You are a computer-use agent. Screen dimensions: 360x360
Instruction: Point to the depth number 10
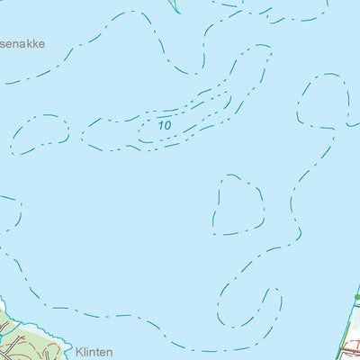(165, 125)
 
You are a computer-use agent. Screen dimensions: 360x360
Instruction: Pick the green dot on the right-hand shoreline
(356, 296)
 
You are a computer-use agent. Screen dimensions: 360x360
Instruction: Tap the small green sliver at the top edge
(174, 4)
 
